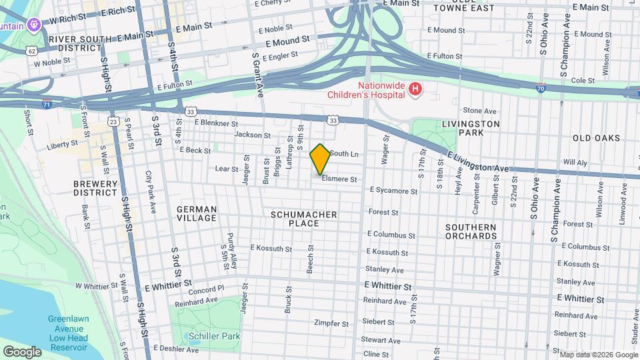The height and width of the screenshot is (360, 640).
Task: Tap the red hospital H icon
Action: tap(415, 89)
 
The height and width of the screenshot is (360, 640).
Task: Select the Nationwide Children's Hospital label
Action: tap(366, 89)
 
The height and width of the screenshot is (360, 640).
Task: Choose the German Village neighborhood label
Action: tap(196, 213)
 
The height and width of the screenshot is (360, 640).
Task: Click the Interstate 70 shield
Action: tap(541, 87)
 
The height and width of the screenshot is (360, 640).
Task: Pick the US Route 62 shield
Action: tap(31, 51)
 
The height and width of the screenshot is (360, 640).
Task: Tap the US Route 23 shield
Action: tap(114, 122)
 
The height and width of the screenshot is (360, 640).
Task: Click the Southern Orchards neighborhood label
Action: tap(471, 231)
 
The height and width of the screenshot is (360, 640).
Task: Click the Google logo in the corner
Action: tap(22, 351)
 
